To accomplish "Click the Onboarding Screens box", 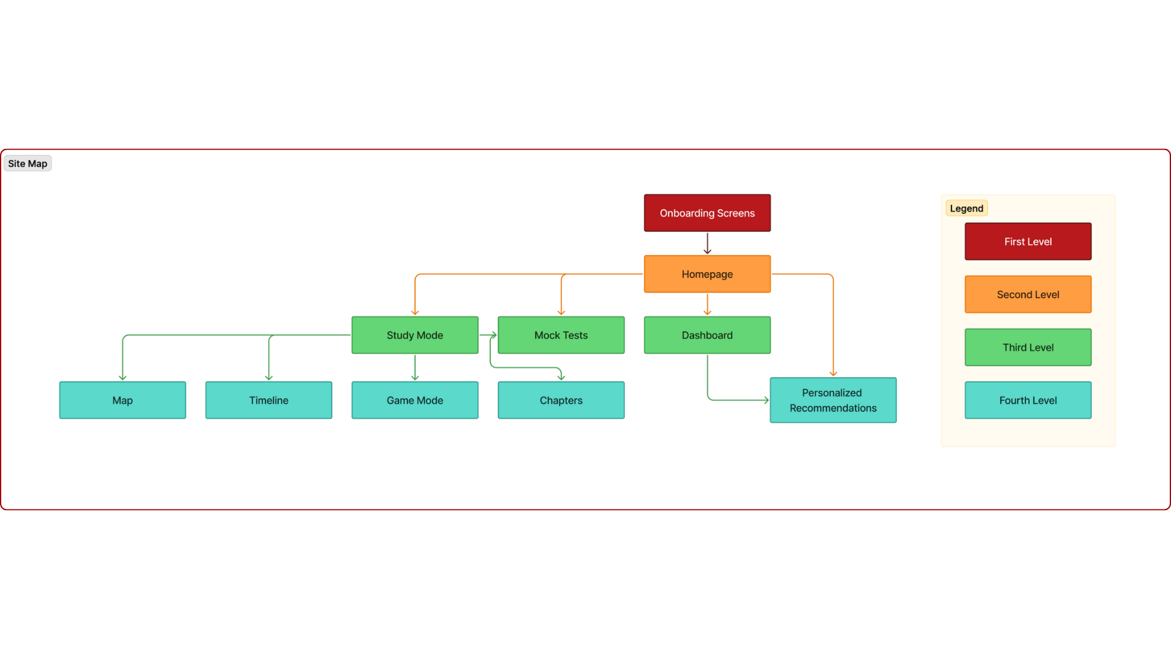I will (x=707, y=213).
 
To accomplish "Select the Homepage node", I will (x=707, y=274).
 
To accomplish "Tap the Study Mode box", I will (x=415, y=335).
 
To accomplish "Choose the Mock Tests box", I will (x=560, y=335).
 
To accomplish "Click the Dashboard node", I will (x=707, y=335).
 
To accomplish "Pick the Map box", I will (x=123, y=400).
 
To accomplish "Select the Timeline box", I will (x=268, y=400).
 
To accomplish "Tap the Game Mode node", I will (x=415, y=400).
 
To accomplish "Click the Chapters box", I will (x=560, y=400).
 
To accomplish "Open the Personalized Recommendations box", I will (x=833, y=400).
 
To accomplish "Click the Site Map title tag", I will (x=27, y=164).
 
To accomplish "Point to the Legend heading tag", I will (x=966, y=208).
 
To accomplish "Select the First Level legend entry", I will (x=1028, y=242).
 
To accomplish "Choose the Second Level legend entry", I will (x=1028, y=294).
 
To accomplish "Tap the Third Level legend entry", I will (x=1028, y=347).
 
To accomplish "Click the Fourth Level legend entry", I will (x=1028, y=400).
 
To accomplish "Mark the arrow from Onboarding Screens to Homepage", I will (x=707, y=243).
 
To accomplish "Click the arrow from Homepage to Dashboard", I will (x=707, y=304).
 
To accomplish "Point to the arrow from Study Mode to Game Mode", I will (x=415, y=367).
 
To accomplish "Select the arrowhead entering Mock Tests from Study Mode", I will (x=493, y=335).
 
